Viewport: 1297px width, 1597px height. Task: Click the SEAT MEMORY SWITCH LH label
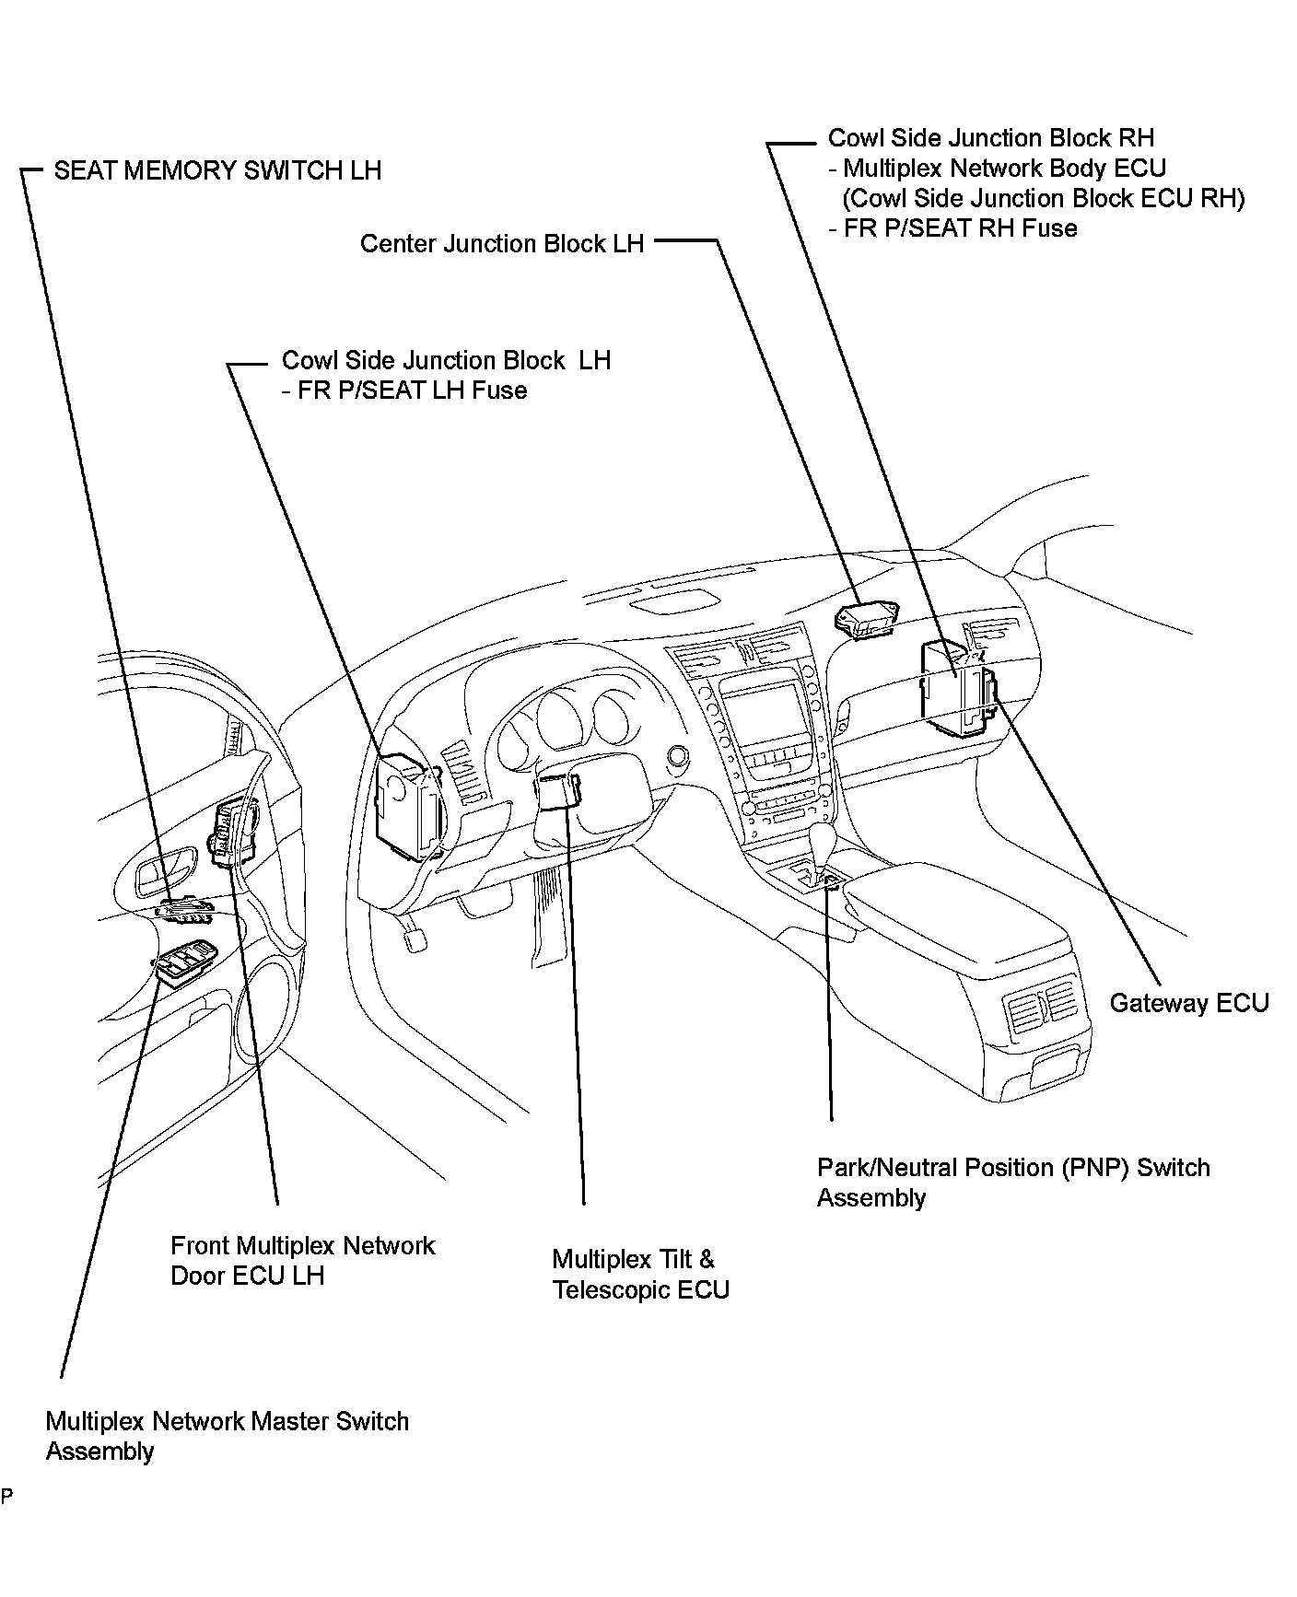217,171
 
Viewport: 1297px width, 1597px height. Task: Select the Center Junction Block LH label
501,244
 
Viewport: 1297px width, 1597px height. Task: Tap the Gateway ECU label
1188,1003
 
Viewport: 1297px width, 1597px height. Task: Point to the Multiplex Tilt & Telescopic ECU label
640,1274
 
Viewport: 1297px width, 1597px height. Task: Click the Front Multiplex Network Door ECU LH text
302,1261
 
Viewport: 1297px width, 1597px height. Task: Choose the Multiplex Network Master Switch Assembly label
227,1436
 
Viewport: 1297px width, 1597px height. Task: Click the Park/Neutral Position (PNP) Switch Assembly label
1012,1183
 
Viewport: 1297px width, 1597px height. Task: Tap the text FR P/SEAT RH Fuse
960,228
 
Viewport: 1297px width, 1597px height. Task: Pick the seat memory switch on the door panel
184,909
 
